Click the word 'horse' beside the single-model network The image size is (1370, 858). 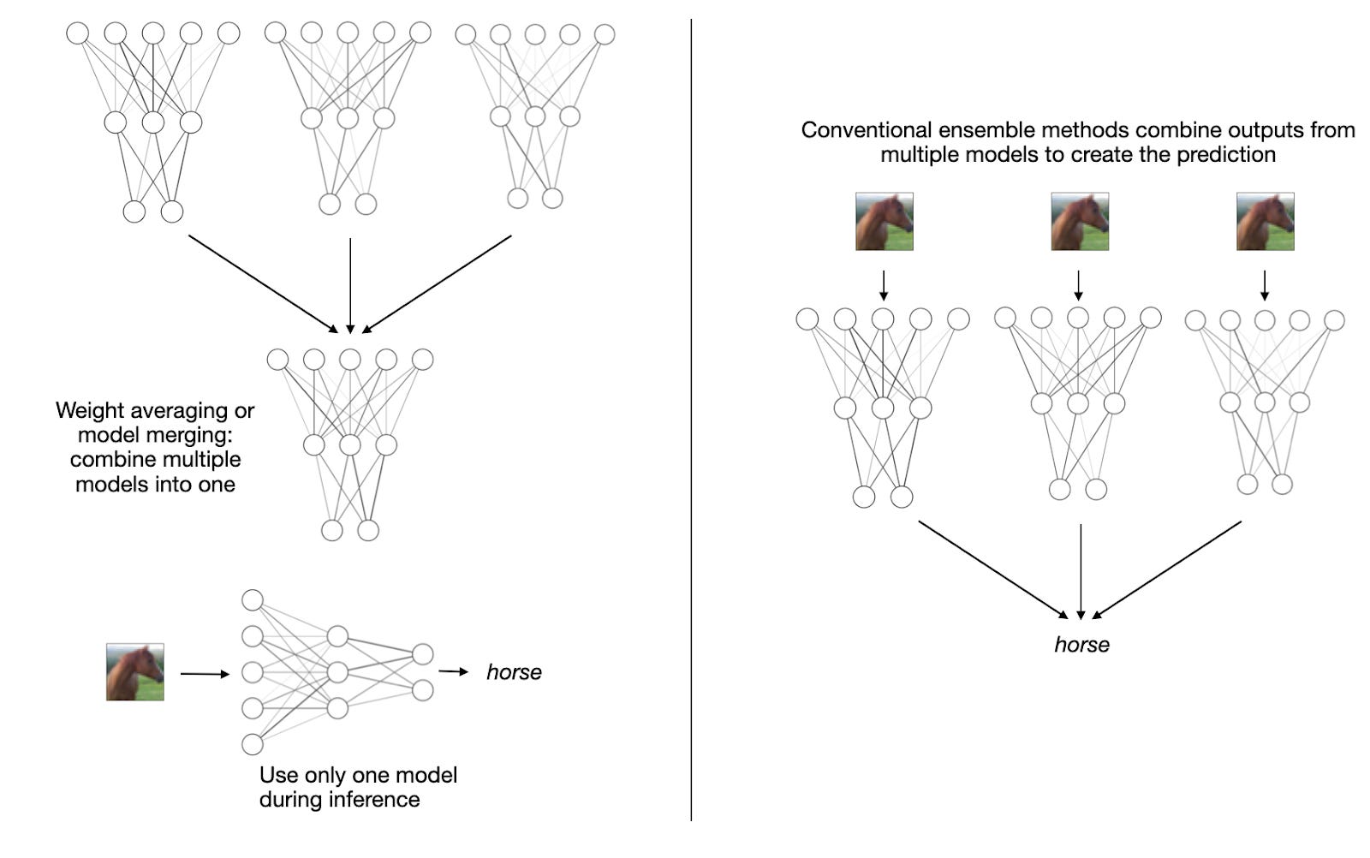pyautogui.click(x=514, y=672)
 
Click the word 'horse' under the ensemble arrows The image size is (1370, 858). pyautogui.click(x=1081, y=645)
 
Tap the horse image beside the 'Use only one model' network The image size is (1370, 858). pyautogui.click(x=135, y=672)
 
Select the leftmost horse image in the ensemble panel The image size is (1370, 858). pyautogui.click(x=885, y=222)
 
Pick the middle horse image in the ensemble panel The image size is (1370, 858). pyautogui.click(x=1080, y=222)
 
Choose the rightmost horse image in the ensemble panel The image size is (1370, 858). pyautogui.click(x=1265, y=222)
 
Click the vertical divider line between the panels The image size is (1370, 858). pyautogui.click(x=691, y=428)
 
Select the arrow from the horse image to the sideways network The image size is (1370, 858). pyautogui.click(x=205, y=674)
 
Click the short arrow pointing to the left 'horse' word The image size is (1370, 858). pyautogui.click(x=454, y=671)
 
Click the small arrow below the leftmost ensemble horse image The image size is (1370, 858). pyautogui.click(x=884, y=285)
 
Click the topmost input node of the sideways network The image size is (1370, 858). pyautogui.click(x=253, y=599)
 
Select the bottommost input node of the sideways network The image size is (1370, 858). pyautogui.click(x=253, y=744)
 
